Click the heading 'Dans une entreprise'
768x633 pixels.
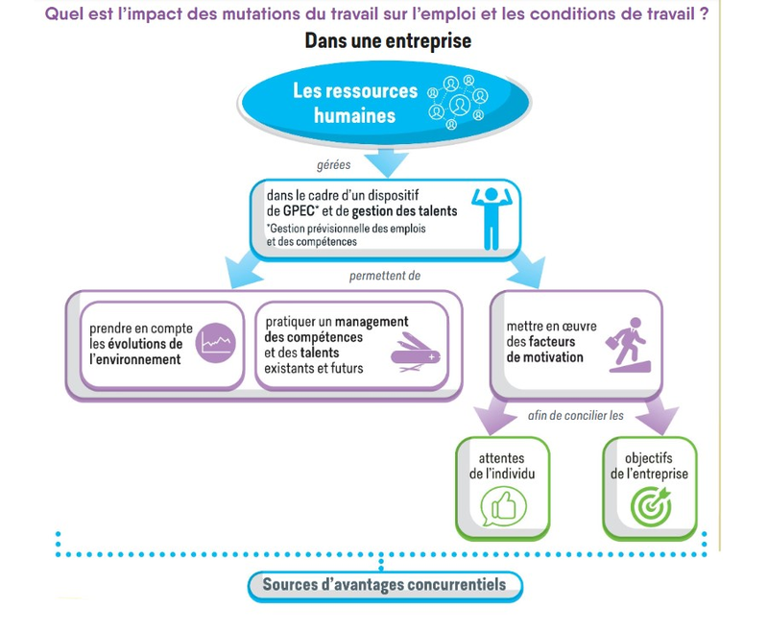point(388,41)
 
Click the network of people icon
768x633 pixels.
point(458,102)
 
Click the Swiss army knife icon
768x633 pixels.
point(415,354)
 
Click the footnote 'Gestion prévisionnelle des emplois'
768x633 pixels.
point(346,229)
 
